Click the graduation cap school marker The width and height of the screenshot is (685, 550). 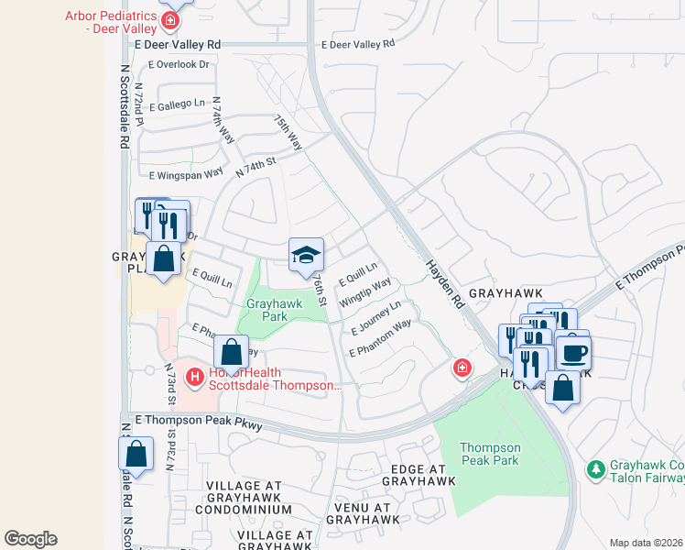(306, 254)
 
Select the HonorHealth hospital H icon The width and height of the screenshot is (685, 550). (194, 377)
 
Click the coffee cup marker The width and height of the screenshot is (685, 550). (573, 352)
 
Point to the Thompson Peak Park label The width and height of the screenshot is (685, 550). (490, 454)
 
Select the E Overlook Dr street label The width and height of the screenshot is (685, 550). (179, 64)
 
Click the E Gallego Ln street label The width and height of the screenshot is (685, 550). (173, 105)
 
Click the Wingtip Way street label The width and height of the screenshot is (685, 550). (364, 292)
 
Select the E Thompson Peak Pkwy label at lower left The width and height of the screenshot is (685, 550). (199, 422)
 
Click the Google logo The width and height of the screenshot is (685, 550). (30, 538)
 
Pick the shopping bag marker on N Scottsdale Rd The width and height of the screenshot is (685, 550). (136, 454)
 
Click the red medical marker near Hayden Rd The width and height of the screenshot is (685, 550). (463, 368)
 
